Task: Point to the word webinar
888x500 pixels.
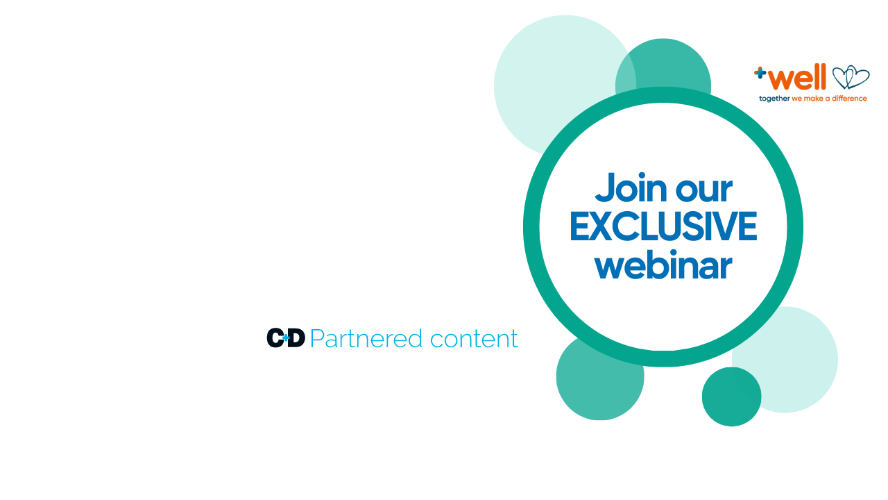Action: click(663, 266)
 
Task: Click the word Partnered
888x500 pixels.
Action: click(366, 339)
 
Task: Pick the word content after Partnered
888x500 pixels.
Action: click(473, 339)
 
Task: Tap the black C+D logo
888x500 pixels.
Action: click(285, 338)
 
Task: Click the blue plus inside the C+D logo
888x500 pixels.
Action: click(286, 338)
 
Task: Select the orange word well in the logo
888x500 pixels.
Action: click(799, 77)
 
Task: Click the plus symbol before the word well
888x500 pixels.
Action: click(760, 72)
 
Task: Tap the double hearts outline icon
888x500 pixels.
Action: click(850, 78)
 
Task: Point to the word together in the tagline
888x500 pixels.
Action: click(774, 99)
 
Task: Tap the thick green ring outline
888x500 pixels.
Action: click(531, 227)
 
